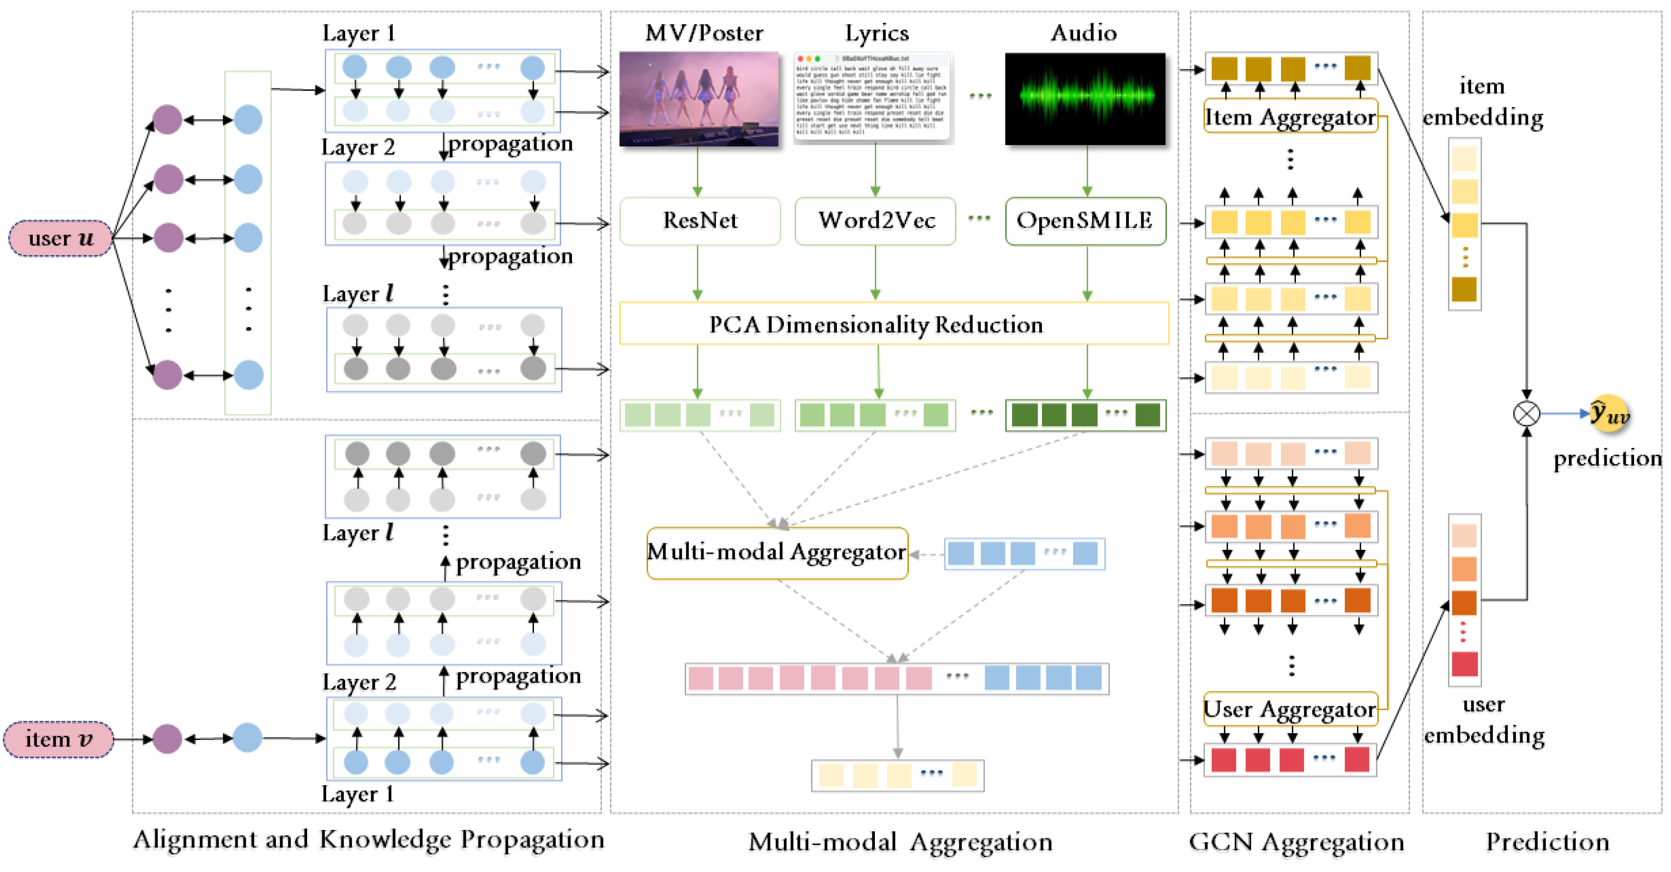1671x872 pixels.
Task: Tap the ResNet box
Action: (699, 221)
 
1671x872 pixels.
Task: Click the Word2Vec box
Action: (875, 221)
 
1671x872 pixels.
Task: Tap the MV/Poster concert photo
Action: (699, 98)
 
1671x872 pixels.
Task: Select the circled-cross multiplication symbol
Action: (1526, 413)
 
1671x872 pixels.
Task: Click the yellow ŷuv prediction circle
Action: (1609, 413)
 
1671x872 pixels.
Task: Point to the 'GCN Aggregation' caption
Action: (1296, 842)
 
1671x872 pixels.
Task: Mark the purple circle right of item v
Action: (168, 739)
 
